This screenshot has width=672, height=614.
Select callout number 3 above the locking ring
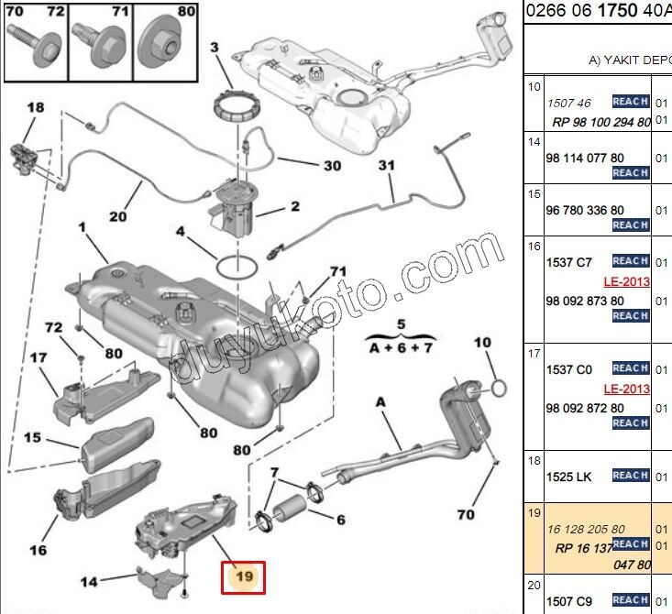215,47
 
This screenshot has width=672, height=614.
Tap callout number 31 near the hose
387,166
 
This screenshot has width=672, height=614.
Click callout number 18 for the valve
35,108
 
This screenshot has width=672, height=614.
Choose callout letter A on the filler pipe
380,400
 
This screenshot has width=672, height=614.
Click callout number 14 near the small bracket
88,580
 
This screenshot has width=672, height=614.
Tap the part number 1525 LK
568,477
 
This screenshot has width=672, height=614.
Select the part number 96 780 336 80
585,210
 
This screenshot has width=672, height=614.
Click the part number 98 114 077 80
585,158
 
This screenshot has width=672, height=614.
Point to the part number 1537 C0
568,369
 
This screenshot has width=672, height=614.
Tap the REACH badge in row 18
630,476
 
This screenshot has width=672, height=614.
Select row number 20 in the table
534,584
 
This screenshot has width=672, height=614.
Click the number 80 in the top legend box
186,13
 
